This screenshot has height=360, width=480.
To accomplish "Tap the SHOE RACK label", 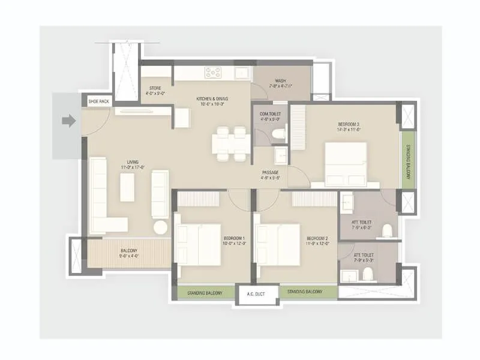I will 99,102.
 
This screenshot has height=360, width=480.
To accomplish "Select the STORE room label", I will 155,91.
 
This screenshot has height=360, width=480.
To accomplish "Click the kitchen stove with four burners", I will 213,72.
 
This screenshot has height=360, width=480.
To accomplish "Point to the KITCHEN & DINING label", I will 212,101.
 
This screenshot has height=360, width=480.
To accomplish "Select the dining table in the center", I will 231,144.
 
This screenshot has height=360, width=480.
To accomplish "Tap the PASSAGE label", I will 271,175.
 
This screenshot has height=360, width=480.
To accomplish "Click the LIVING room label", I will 133,164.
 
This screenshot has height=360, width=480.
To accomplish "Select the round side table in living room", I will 161,227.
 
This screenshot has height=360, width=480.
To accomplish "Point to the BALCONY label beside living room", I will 128,253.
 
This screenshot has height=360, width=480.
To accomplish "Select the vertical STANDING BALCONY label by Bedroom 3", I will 408,160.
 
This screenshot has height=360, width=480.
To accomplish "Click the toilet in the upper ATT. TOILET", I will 387,230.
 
